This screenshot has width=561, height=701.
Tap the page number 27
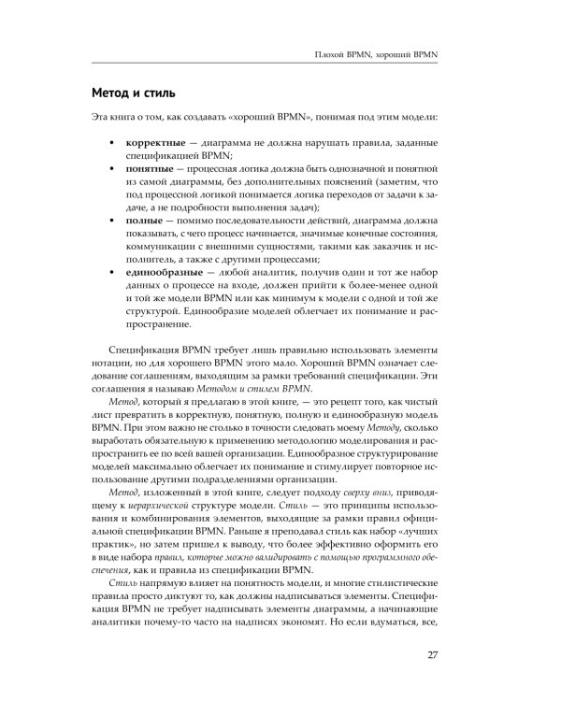pos(432,652)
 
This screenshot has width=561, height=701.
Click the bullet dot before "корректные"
pos(114,141)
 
